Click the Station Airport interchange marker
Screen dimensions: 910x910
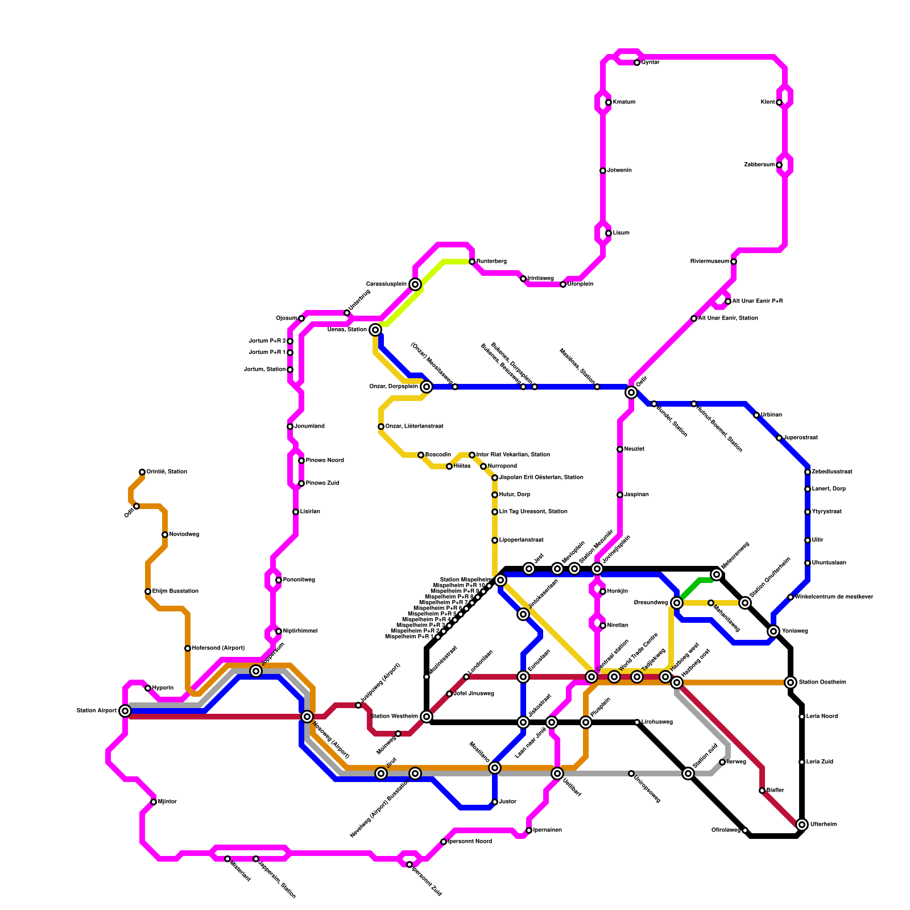click(125, 711)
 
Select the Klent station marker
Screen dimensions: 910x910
click(779, 102)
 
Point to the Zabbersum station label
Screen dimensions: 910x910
click(759, 165)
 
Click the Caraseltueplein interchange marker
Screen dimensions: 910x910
click(415, 284)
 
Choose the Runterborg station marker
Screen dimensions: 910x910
click(472, 262)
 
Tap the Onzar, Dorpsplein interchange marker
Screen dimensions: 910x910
click(427, 387)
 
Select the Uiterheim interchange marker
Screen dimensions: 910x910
click(802, 825)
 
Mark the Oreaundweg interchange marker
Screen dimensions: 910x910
click(677, 603)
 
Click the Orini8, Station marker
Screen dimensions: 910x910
click(142, 472)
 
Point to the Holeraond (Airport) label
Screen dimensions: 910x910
click(218, 648)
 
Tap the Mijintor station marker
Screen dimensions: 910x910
click(154, 802)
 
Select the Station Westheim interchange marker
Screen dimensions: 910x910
click(427, 717)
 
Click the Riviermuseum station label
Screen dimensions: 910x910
click(709, 262)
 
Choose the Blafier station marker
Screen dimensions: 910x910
click(762, 791)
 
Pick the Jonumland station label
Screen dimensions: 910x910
click(309, 427)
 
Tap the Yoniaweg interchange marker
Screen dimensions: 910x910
click(773, 631)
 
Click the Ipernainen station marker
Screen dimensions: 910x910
click(529, 830)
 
